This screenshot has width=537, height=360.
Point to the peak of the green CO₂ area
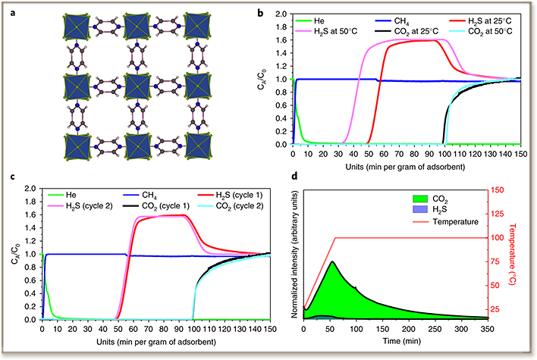pyautogui.click(x=332, y=262)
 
